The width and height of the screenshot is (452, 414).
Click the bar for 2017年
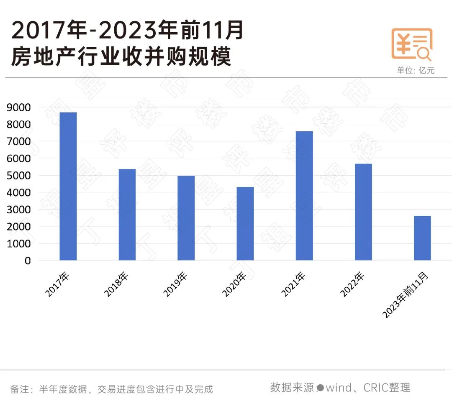(x=68, y=187)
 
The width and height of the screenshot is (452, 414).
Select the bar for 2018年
(x=127, y=215)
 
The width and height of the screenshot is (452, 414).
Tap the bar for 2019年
(x=186, y=218)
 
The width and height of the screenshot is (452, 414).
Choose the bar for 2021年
(x=304, y=196)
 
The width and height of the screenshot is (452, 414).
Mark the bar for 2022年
(x=363, y=212)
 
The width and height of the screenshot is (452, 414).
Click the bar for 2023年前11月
(x=422, y=238)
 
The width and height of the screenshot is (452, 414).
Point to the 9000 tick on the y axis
(x=19, y=107)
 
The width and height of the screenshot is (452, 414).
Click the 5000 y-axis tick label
(x=19, y=176)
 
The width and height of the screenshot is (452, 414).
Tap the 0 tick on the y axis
(x=28, y=261)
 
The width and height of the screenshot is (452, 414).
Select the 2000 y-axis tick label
(x=19, y=227)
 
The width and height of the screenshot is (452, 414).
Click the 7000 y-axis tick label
(x=19, y=142)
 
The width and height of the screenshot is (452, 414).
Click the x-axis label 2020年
(x=235, y=284)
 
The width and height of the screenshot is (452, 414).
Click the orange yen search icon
(x=411, y=44)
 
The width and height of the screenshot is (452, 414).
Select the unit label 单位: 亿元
(x=416, y=70)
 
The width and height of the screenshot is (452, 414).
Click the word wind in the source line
(x=339, y=388)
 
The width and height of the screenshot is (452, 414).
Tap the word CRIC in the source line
(x=375, y=388)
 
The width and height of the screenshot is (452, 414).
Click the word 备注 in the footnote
(x=19, y=389)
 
